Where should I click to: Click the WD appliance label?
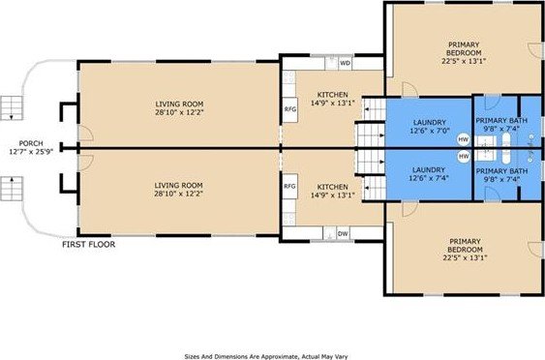point(345,63)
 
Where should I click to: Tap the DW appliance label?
point(343,233)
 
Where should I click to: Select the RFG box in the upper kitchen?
point(289,109)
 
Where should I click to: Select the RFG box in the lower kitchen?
point(289,186)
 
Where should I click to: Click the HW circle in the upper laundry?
point(464,139)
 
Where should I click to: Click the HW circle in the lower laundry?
point(464,157)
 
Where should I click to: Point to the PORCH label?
point(31,143)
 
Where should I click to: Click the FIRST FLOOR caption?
point(89,244)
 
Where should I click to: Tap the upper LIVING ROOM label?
point(179,104)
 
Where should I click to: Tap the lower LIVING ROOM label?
point(179,186)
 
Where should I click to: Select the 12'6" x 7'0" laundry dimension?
point(430,131)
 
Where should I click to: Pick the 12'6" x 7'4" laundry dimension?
point(429,178)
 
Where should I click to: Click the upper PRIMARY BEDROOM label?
point(464,48)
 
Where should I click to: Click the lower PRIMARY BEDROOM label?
point(465,246)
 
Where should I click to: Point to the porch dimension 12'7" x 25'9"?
point(31,152)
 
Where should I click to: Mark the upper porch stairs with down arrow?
point(11,108)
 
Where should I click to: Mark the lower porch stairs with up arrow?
point(11,189)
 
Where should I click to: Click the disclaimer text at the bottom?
point(266,356)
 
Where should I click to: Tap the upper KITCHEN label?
point(333,95)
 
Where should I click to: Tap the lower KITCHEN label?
point(333,187)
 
